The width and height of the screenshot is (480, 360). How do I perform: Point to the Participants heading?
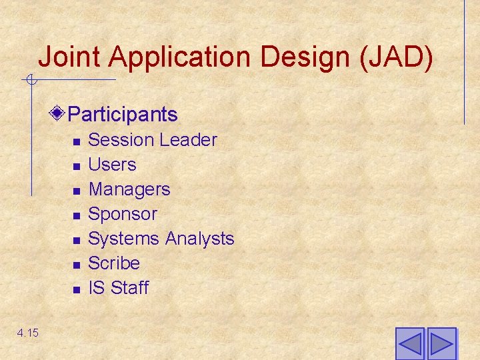click(x=123, y=114)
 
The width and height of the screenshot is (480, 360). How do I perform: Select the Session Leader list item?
click(x=153, y=140)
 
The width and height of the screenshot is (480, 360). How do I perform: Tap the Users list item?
click(x=112, y=165)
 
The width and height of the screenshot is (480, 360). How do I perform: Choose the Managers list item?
click(x=129, y=189)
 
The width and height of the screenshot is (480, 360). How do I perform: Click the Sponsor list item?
click(x=123, y=214)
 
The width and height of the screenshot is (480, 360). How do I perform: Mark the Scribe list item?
click(x=114, y=263)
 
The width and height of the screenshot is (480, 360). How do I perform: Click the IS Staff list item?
click(x=119, y=288)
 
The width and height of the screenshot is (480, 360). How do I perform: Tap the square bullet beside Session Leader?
click(x=77, y=141)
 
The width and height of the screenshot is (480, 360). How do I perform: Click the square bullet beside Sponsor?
click(x=77, y=215)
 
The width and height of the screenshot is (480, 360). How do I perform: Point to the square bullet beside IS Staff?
click(x=77, y=289)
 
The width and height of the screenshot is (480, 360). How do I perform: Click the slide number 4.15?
click(x=28, y=332)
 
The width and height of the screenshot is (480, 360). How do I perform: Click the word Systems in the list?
click(x=124, y=239)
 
